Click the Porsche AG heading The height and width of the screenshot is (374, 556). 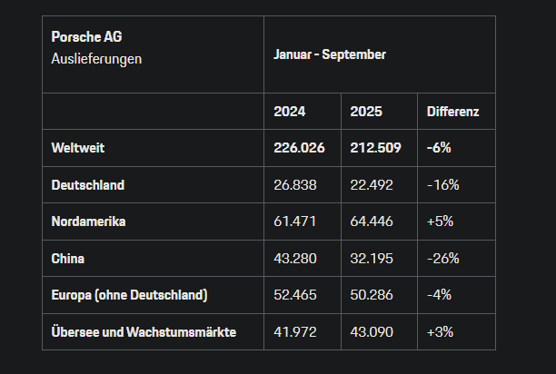[87, 37]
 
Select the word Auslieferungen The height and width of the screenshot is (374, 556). [97, 58]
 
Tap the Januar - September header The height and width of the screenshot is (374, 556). [330, 54]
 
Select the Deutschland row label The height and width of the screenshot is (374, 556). [88, 184]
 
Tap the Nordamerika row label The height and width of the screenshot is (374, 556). [89, 221]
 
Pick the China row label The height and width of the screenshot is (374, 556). [69, 259]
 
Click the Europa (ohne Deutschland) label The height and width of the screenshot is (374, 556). [130, 295]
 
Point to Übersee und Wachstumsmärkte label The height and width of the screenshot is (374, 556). [144, 332]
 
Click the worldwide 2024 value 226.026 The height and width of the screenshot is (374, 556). [297, 147]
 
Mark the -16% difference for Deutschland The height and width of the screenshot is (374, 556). [443, 184]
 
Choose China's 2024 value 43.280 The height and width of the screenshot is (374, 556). [294, 259]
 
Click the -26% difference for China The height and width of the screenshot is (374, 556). [443, 259]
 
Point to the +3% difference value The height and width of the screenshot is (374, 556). [441, 332]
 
